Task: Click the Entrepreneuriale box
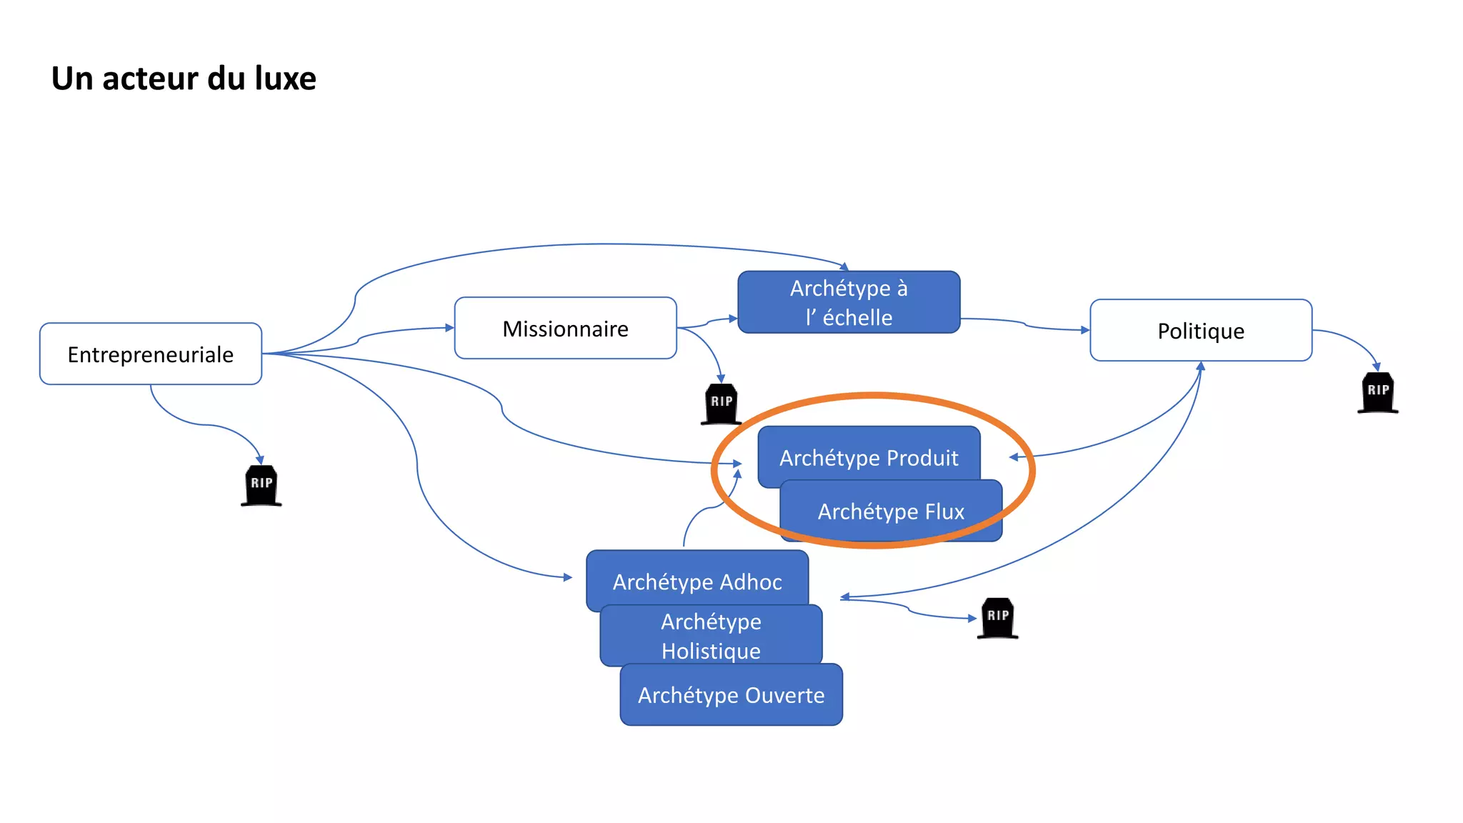pos(151,354)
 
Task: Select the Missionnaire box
pos(565,328)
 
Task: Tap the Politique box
pos(1200,330)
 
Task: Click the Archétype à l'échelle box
pos(849,302)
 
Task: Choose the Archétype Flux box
pos(891,512)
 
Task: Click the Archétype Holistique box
pos(711,636)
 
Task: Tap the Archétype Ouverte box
pos(731,695)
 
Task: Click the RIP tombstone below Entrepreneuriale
pos(261,485)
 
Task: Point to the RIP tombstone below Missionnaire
pos(721,404)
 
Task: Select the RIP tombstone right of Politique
pos(1377,392)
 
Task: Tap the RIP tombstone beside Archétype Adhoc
pos(997,618)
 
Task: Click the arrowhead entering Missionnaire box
pos(449,328)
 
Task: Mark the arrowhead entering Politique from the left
pos(1085,330)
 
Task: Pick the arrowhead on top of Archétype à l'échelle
pos(844,267)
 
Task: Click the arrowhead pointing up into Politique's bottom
pos(1201,366)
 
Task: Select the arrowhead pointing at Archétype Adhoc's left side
pos(568,577)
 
